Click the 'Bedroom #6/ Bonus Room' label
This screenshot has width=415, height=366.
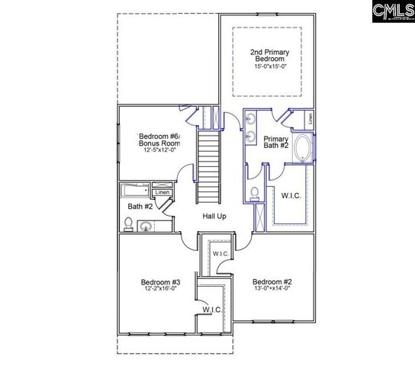tap(159, 139)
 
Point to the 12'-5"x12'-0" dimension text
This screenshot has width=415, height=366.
tap(159, 150)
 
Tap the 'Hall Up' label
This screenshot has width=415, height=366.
tap(214, 217)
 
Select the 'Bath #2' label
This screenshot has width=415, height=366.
tap(140, 206)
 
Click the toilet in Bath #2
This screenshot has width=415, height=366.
tap(128, 224)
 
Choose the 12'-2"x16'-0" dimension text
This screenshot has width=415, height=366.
tap(159, 289)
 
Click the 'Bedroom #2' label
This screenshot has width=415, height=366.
tap(272, 282)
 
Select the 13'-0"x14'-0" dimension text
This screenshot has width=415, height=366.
tap(272, 289)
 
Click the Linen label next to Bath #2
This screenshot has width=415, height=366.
tap(162, 184)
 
